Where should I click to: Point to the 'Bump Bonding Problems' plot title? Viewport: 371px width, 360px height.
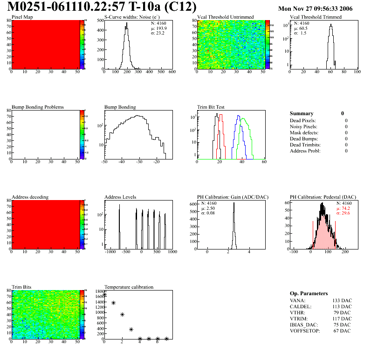38,107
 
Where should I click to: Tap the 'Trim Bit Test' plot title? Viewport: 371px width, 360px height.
211,107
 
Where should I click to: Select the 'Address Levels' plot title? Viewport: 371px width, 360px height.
121,197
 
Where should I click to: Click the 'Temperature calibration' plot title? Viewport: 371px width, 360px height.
129,287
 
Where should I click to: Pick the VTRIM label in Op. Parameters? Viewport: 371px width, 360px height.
299,319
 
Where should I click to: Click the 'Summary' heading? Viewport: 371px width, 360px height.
302,113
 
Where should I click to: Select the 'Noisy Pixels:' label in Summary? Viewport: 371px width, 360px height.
303,127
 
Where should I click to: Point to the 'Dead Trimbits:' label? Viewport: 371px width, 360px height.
306,145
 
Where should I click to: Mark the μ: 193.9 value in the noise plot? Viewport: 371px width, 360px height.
159,28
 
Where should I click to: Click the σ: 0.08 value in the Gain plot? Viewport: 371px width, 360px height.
209,214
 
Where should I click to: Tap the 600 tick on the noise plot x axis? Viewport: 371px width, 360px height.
172,72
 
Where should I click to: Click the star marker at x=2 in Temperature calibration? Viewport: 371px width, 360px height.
123,315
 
